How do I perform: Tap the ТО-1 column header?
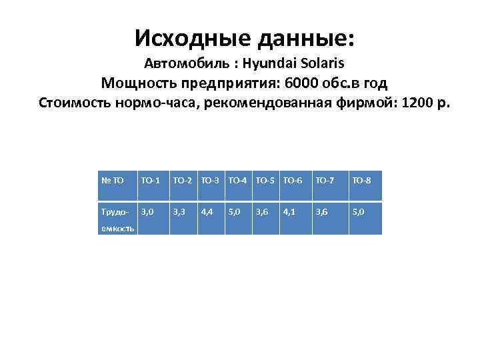coord(151,179)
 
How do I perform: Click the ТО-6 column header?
coord(293,179)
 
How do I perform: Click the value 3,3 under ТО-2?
coord(179,211)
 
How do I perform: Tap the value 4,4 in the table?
coord(207,211)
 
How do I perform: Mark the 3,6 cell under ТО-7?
coord(321,211)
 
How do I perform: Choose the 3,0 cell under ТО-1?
coord(147,211)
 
